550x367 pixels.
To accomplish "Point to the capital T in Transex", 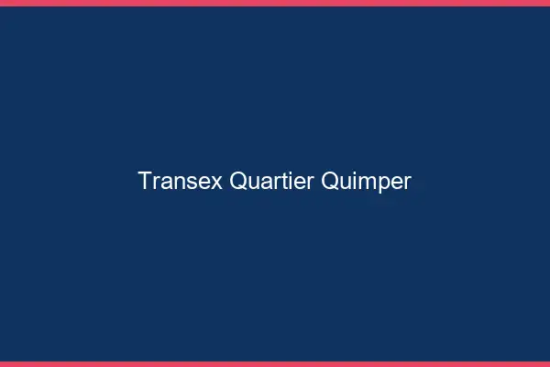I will [x=145, y=181].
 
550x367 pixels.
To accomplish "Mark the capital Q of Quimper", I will [x=331, y=181].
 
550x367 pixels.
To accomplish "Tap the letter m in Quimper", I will [x=365, y=182].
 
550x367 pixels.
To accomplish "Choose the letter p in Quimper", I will [x=383, y=183].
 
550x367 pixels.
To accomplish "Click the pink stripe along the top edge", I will [x=275, y=3].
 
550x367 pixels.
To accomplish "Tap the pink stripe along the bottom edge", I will [x=275, y=363].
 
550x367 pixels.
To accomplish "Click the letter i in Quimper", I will [x=354, y=181].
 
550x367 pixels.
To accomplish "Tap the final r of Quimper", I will [x=407, y=182].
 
